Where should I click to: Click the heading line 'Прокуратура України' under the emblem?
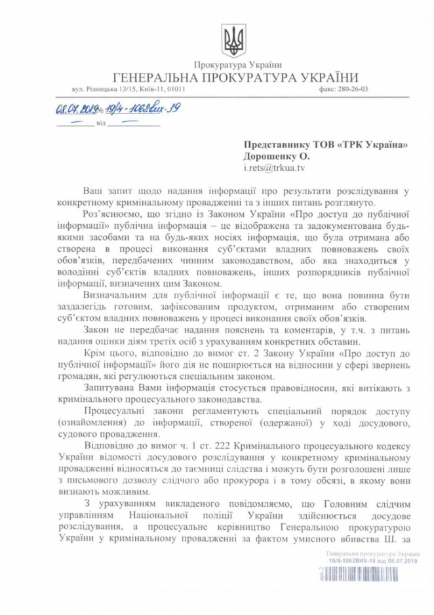click(233, 65)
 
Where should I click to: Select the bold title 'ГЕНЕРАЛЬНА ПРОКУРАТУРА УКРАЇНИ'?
click(232, 77)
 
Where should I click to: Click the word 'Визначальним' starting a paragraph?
click(116, 295)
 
